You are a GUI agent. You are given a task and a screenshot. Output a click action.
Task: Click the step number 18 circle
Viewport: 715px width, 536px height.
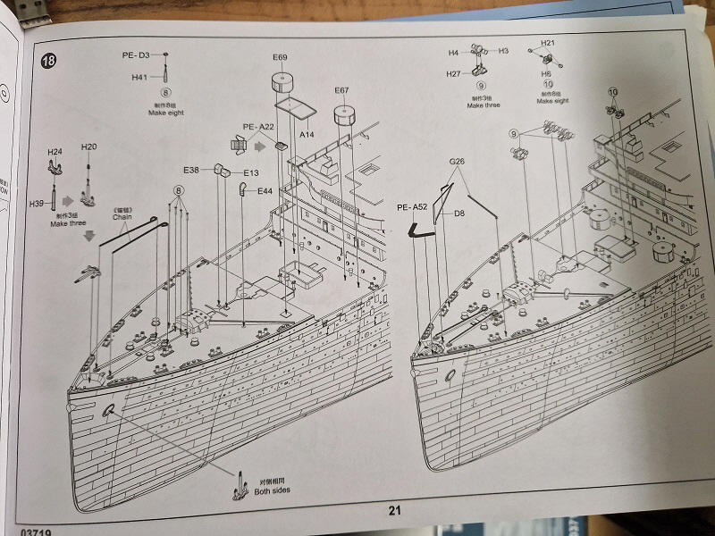click(48, 62)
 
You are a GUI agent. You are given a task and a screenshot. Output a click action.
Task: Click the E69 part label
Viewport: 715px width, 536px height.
click(280, 58)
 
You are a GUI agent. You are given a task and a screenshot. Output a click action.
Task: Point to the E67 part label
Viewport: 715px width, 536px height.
click(341, 90)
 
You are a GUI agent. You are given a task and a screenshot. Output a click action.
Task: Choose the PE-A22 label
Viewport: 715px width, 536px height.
click(257, 127)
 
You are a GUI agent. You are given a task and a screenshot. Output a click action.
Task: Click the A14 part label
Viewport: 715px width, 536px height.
click(307, 134)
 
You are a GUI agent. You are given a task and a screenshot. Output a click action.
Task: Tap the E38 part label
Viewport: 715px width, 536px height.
click(192, 170)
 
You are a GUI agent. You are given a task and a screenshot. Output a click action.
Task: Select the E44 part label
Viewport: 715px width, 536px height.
click(265, 191)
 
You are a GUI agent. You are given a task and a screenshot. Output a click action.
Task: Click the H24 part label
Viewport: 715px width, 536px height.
click(55, 152)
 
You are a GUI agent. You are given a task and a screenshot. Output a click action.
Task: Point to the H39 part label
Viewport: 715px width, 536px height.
click(37, 204)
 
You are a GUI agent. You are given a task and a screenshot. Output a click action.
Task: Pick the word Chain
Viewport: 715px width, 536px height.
click(122, 216)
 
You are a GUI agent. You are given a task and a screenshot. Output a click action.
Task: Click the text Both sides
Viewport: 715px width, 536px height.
click(271, 490)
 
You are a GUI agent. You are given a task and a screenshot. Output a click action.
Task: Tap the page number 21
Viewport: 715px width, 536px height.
click(395, 510)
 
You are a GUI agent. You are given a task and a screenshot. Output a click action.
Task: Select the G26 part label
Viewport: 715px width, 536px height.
click(458, 162)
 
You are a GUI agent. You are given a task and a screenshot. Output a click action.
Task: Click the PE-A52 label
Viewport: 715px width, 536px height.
click(412, 207)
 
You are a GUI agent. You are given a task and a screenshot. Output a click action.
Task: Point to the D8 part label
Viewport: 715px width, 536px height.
click(459, 214)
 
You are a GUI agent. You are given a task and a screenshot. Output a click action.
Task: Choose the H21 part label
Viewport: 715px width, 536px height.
click(548, 43)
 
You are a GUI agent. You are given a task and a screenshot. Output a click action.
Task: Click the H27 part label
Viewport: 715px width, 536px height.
click(454, 74)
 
